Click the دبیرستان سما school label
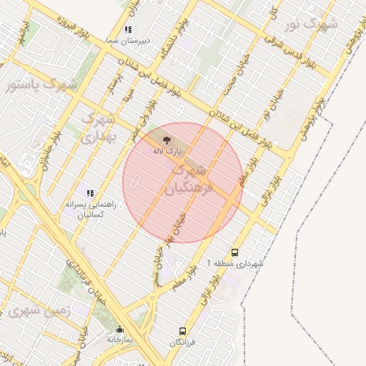(127, 41)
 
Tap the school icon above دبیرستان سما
(128, 30)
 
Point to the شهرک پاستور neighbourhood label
(41, 85)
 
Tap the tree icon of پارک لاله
(166, 140)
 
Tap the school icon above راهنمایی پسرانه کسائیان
(90, 192)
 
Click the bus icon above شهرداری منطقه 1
(235, 252)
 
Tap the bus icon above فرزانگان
(182, 332)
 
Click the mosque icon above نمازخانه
(119, 330)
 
